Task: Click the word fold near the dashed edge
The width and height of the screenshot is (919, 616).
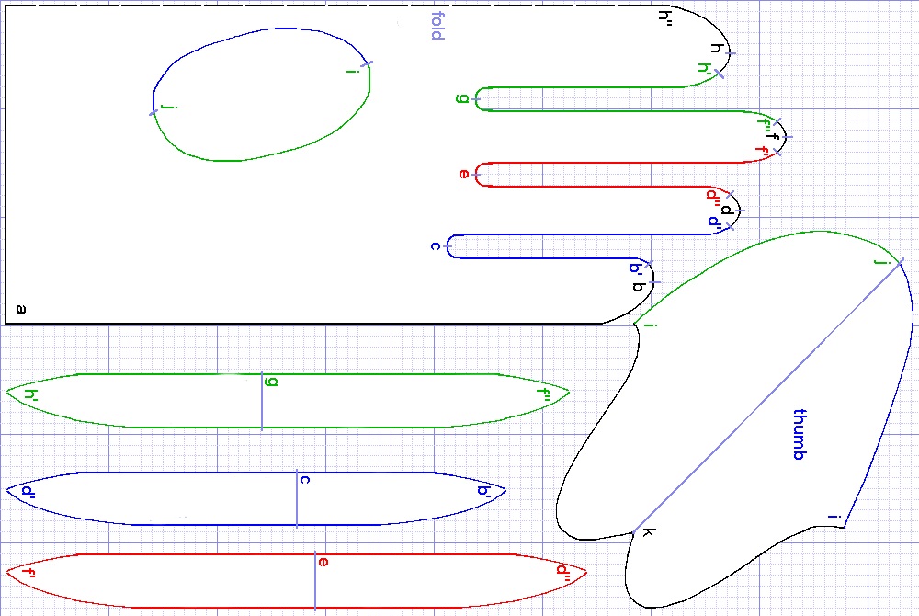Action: [437, 26]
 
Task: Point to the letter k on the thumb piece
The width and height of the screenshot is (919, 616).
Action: [647, 532]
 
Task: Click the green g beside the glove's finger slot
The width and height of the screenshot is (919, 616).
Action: [461, 98]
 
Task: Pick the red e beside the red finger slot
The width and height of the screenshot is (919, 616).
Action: [463, 174]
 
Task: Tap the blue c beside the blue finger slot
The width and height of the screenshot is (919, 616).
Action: [435, 246]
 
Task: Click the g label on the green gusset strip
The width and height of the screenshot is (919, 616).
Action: [270, 381]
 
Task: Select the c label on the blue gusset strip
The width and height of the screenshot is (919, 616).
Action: [304, 479]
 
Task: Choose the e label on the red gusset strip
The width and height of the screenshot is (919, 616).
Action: [323, 561]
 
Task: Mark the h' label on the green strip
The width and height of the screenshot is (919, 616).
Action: [31, 395]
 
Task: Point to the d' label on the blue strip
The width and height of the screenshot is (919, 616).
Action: [28, 491]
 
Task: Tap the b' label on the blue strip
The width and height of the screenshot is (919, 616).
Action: [483, 491]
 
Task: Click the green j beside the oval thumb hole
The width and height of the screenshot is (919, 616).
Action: [166, 108]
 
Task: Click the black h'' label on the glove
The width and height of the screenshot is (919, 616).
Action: [666, 16]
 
